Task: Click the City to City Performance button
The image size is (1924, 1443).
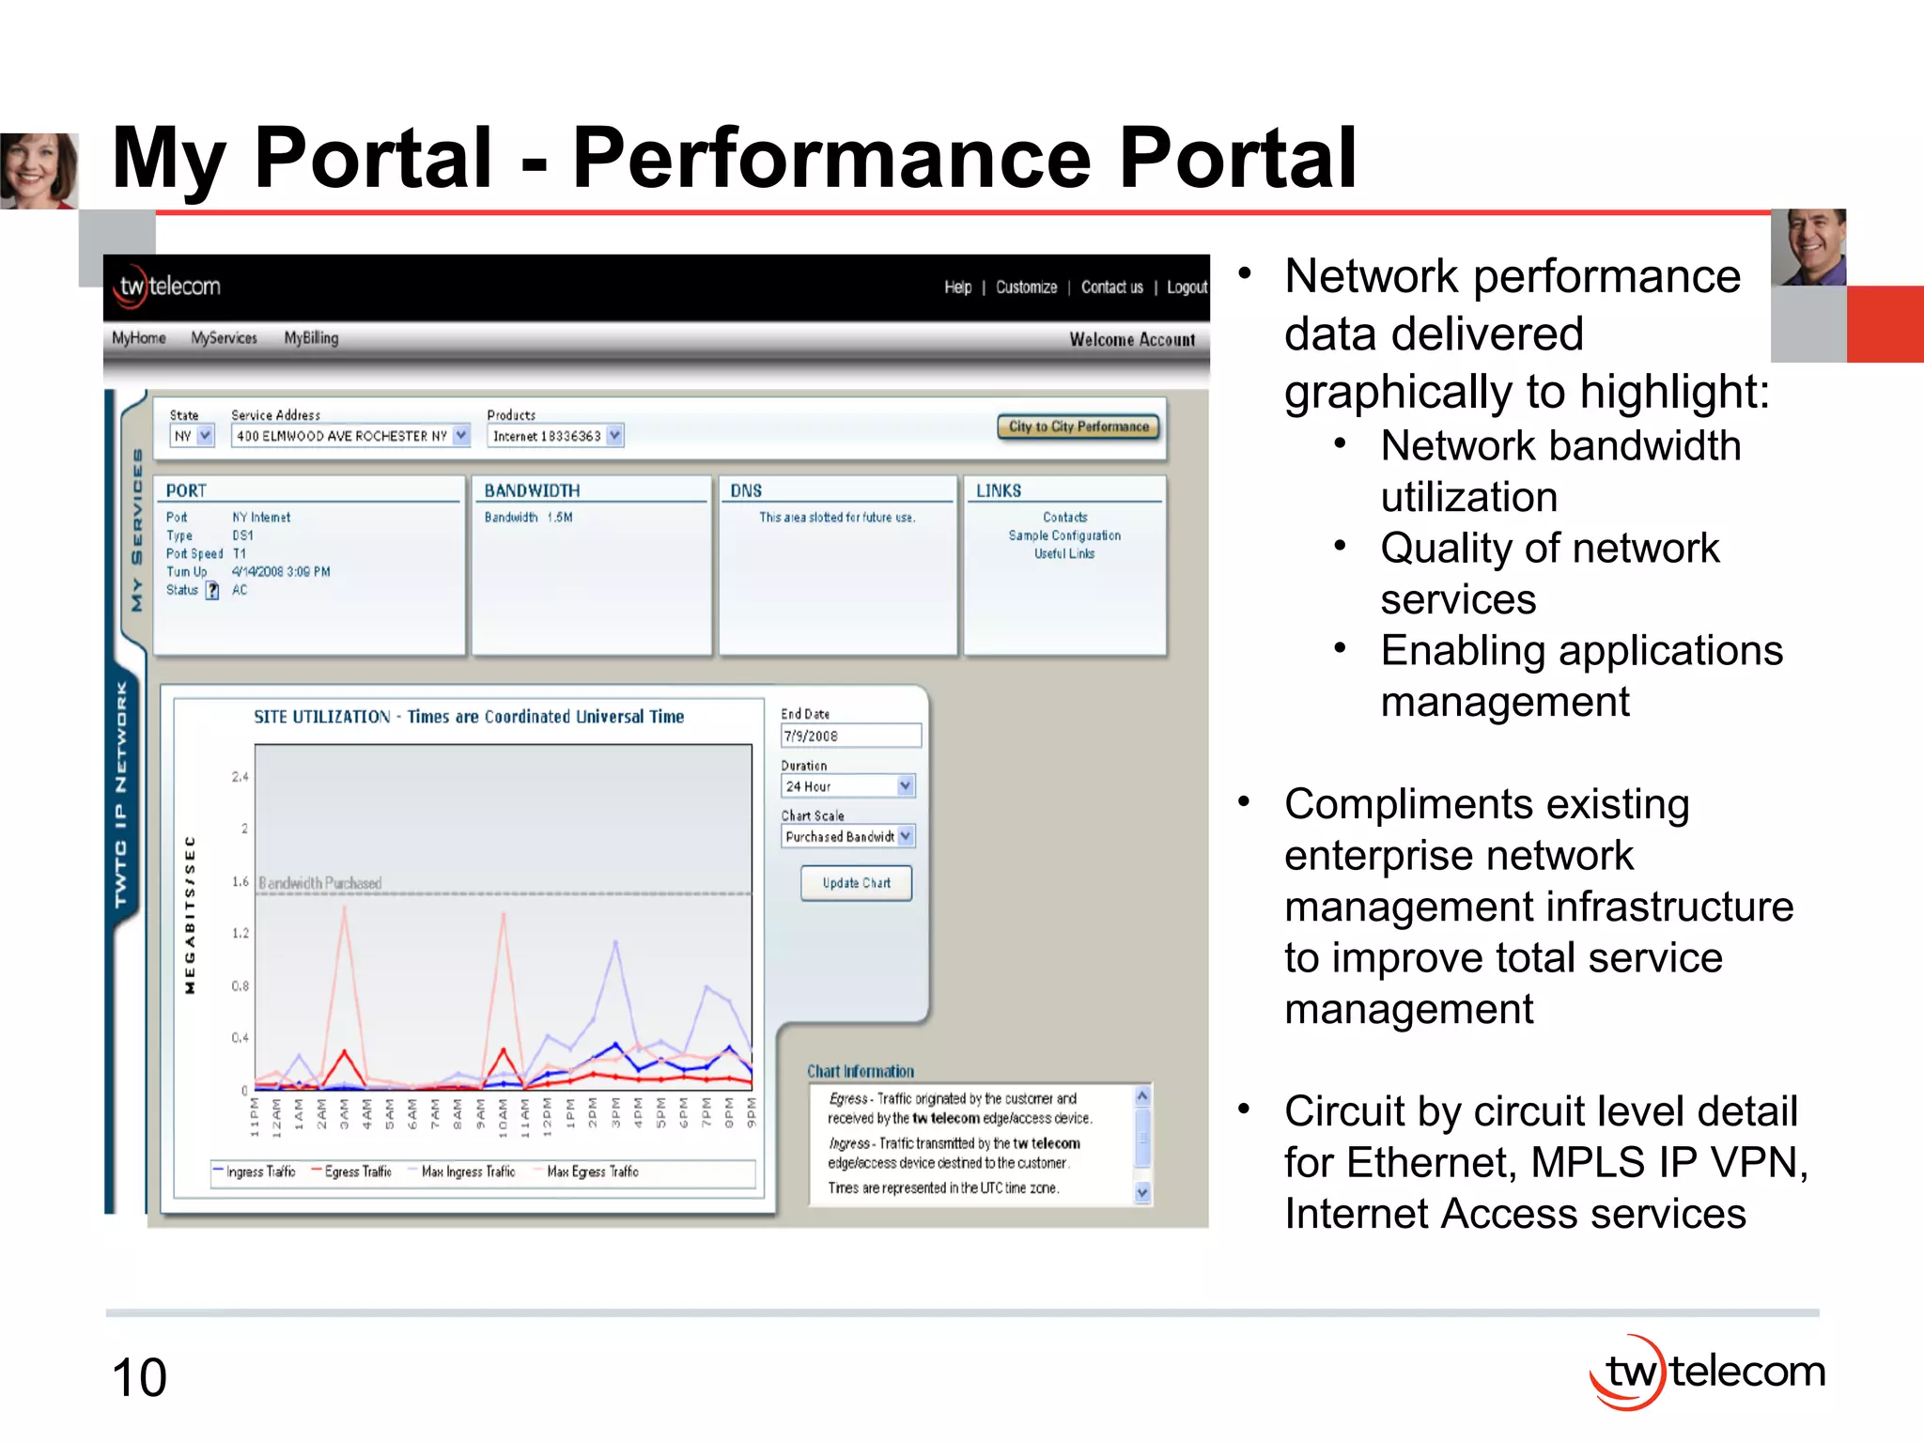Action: (x=1078, y=427)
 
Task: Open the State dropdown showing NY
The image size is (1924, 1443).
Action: (x=193, y=436)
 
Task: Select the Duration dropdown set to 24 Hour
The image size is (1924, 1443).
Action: (x=847, y=785)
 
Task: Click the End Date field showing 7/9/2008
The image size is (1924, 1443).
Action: (x=850, y=736)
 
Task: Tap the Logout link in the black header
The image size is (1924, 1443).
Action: (x=1187, y=287)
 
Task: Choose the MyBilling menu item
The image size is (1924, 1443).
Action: (x=311, y=338)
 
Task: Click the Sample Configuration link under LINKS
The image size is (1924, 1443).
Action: (x=1064, y=535)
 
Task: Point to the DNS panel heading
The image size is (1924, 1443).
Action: (x=747, y=490)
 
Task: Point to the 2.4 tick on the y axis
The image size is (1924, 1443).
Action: (x=240, y=777)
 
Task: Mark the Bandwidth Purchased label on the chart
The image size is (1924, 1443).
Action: (x=320, y=883)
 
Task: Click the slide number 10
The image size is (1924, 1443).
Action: (x=139, y=1377)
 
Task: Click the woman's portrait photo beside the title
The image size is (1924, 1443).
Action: (x=39, y=170)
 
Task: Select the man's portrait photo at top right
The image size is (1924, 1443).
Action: (x=1808, y=247)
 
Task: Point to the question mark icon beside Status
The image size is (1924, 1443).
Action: (x=212, y=590)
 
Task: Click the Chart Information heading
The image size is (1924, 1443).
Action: (x=860, y=1071)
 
